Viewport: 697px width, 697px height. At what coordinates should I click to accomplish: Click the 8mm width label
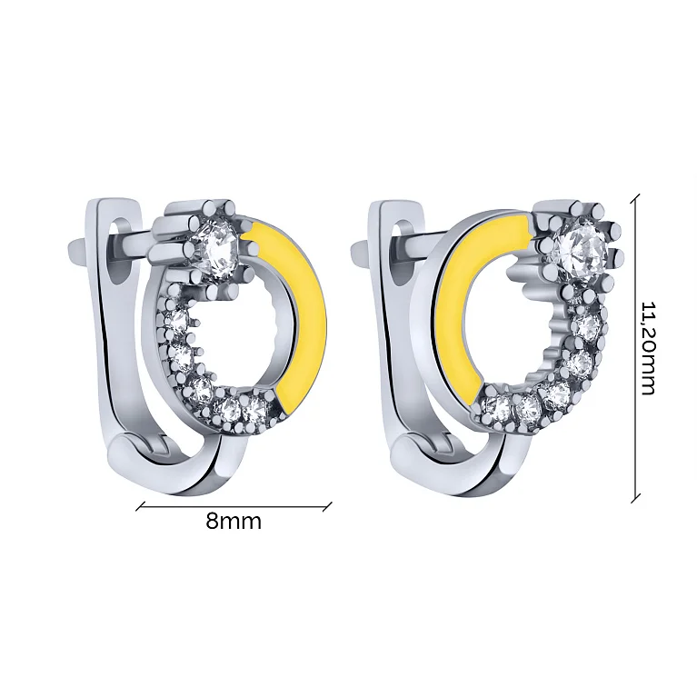(x=234, y=521)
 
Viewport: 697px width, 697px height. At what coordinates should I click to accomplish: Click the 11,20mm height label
(x=647, y=348)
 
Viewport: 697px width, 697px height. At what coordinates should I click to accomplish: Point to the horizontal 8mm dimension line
(x=234, y=506)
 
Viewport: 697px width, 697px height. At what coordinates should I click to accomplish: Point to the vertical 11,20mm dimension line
(x=636, y=348)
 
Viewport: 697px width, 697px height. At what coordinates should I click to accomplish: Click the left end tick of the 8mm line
(x=141, y=506)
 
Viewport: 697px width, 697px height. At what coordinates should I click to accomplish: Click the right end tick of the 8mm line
(x=327, y=506)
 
